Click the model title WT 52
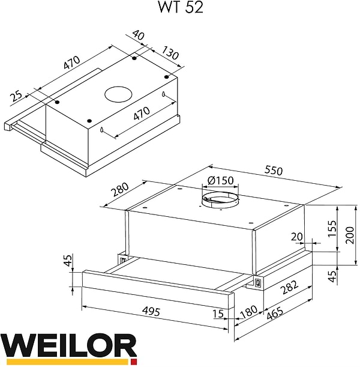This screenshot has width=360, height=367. pos(180,9)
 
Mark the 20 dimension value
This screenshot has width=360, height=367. pos(295,237)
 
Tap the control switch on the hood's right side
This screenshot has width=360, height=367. pos(258,281)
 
